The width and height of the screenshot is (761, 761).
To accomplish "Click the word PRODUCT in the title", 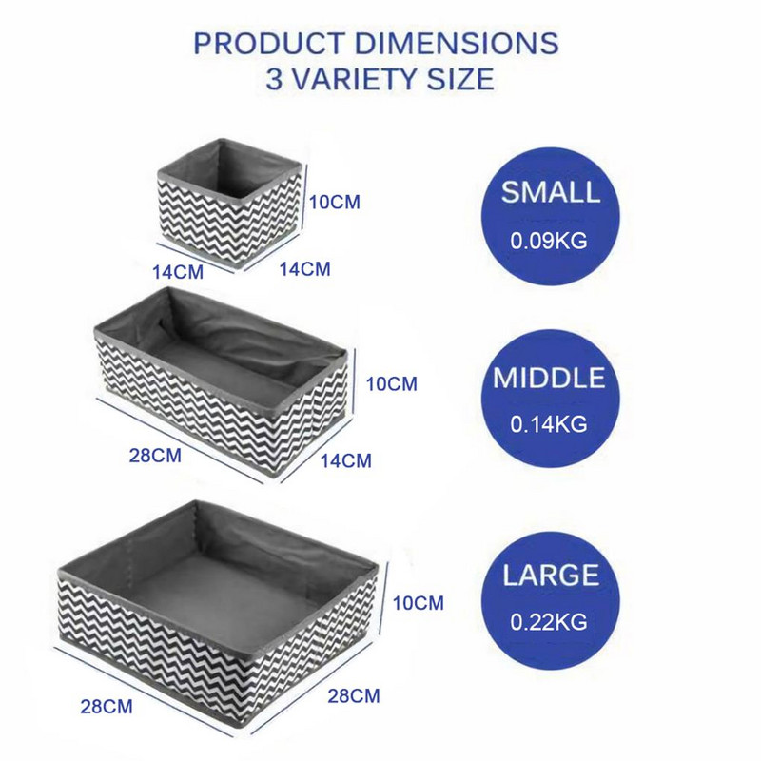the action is pos(269,43).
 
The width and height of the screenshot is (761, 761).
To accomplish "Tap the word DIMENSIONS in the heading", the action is pos(457,43).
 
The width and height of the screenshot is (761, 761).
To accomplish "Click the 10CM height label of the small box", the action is pos(335,202).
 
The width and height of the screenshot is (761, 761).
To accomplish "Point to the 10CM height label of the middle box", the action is pos(392,384).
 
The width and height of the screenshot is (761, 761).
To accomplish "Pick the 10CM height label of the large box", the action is pos(418,603).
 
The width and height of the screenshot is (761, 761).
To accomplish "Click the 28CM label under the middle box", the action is pos(155,456).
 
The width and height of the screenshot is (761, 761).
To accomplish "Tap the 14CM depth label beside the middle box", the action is pos(346,460).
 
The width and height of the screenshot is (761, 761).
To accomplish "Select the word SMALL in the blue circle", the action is pos(551,192).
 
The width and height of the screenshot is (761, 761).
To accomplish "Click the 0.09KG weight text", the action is pos(549,241).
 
